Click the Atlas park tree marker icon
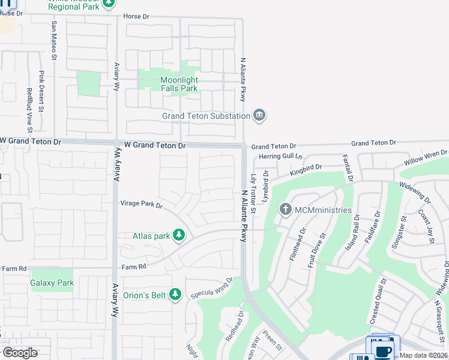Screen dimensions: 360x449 click(x=178, y=235)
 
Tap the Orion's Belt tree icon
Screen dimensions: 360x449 click(x=175, y=295)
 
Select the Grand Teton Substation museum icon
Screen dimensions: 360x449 click(x=259, y=115)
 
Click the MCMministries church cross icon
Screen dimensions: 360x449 click(x=285, y=209)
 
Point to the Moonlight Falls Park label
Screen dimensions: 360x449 click(x=179, y=84)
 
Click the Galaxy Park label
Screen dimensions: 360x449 click(x=52, y=283)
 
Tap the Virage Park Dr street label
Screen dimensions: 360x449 click(x=142, y=204)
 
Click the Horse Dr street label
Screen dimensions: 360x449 click(x=136, y=17)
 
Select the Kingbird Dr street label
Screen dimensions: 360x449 click(x=306, y=170)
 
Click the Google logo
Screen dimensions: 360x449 click(x=20, y=353)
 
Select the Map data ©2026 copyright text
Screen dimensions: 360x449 click(x=424, y=355)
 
